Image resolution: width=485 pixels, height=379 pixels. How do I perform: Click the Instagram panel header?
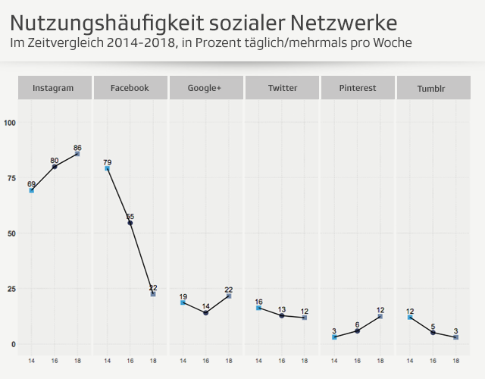53,88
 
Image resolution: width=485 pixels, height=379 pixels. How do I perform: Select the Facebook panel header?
130,88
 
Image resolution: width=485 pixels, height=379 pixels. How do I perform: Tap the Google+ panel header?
205,88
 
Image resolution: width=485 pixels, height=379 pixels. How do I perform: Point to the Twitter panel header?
282,88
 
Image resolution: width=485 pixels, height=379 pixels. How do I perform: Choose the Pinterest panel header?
358,88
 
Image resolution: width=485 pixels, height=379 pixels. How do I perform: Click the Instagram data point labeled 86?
77,154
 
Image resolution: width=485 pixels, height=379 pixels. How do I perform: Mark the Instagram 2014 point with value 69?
32,191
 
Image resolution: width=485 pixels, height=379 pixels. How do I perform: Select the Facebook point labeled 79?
108,169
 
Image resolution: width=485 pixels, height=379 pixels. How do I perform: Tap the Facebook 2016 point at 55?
130,223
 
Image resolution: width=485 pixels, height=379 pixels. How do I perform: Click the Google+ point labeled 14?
205,313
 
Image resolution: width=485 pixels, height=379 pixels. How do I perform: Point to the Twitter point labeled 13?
282,315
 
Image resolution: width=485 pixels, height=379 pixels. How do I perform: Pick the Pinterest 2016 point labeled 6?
358,330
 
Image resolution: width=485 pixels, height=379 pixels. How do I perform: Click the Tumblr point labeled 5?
433,333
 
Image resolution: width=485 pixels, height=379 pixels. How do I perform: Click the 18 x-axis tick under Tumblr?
455,361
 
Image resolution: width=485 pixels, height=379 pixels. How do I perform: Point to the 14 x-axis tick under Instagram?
32,361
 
